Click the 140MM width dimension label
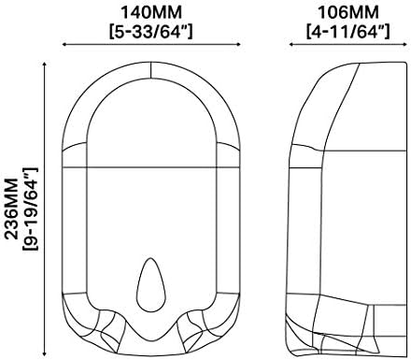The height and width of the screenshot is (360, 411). click(x=151, y=13)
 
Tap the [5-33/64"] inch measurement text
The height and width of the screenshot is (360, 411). click(x=151, y=31)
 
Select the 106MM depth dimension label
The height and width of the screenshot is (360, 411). click(x=348, y=13)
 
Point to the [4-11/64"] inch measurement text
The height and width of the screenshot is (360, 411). click(x=348, y=31)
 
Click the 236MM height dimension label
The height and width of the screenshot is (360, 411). click(x=12, y=209)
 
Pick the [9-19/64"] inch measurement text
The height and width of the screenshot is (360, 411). click(x=30, y=209)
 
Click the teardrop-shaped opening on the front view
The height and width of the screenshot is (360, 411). click(x=151, y=285)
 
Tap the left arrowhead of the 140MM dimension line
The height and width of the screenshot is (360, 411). click(x=64, y=44)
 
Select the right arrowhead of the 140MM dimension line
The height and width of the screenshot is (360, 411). click(x=238, y=44)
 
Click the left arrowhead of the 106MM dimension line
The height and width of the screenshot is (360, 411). click(x=291, y=44)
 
